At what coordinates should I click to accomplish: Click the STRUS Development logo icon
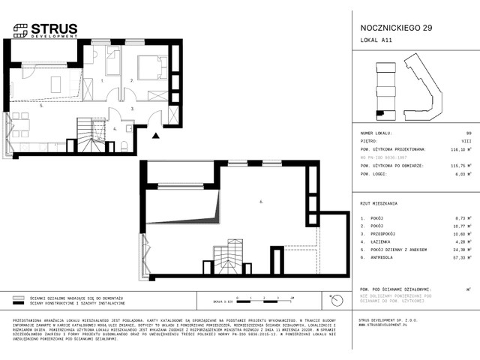coord(19,30)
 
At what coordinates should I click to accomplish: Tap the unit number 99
coord(468,132)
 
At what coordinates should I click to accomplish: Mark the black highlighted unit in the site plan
coord(380,113)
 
